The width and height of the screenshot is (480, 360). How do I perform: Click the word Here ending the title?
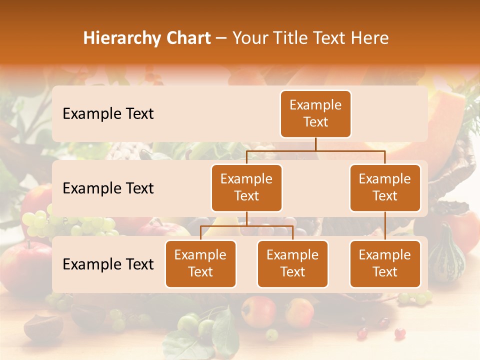[x=369, y=38]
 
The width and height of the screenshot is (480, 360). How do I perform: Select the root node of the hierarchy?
[x=315, y=113]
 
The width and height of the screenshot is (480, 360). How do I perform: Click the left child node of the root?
[x=246, y=187]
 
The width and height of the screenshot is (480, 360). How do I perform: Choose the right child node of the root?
[x=385, y=187]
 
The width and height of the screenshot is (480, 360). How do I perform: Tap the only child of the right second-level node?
[x=385, y=263]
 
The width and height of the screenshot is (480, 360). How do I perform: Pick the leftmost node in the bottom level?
[x=200, y=263]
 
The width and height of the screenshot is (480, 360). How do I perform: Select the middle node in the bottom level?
[x=292, y=263]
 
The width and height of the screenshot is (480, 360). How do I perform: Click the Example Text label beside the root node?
[x=108, y=113]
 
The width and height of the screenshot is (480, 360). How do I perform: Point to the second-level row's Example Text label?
[x=108, y=188]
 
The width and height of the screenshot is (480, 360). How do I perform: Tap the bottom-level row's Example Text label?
[x=108, y=264]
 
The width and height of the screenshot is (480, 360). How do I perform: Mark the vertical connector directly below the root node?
[x=315, y=144]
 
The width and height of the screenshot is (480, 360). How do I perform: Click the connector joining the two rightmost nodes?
[x=385, y=226]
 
